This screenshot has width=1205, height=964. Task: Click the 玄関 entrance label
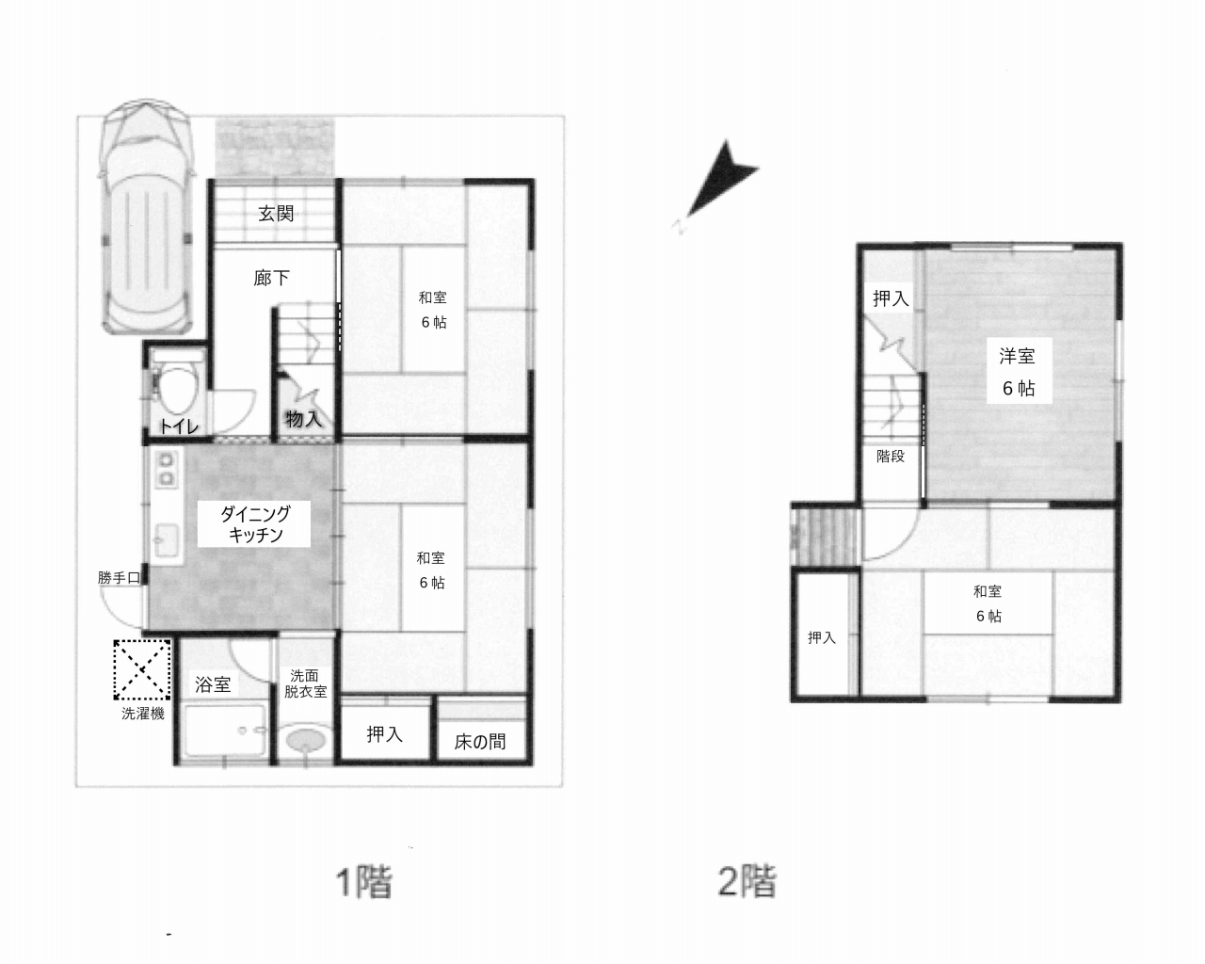(276, 214)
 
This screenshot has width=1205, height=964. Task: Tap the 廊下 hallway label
(271, 278)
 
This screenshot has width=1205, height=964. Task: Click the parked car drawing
(147, 217)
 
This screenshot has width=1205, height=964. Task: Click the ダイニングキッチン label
(255, 523)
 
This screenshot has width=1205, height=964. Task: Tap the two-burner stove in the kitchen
(167, 470)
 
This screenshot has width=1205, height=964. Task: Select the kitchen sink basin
(166, 541)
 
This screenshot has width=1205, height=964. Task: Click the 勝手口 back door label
(119, 577)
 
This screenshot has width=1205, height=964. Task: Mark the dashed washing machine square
(142, 670)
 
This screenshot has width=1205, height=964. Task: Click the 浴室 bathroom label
(213, 684)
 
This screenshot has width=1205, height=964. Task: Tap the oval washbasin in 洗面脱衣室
(305, 740)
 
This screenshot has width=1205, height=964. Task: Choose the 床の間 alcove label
(480, 742)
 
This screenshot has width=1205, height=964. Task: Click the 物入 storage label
(303, 418)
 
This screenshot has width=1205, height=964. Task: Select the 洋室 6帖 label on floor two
(1019, 371)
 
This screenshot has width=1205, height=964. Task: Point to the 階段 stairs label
(891, 456)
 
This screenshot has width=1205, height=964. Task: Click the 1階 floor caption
(364, 882)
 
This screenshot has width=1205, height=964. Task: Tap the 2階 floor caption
(747, 881)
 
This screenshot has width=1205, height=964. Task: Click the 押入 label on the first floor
(385, 734)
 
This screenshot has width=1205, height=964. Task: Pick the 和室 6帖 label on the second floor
(988, 603)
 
